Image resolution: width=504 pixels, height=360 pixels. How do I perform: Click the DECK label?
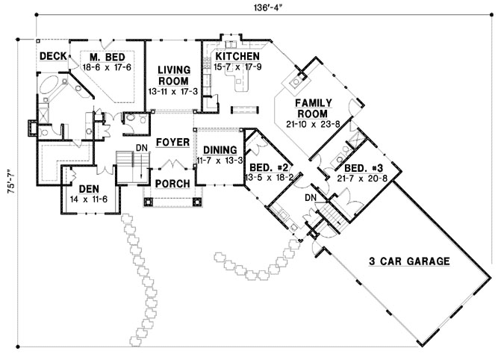click(53, 56)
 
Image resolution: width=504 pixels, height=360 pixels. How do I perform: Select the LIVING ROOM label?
click(173, 75)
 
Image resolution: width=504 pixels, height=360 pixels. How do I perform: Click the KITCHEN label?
click(237, 57)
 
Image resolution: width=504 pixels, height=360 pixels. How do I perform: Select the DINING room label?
click(219, 149)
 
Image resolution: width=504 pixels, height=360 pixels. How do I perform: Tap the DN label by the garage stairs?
click(311, 197)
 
